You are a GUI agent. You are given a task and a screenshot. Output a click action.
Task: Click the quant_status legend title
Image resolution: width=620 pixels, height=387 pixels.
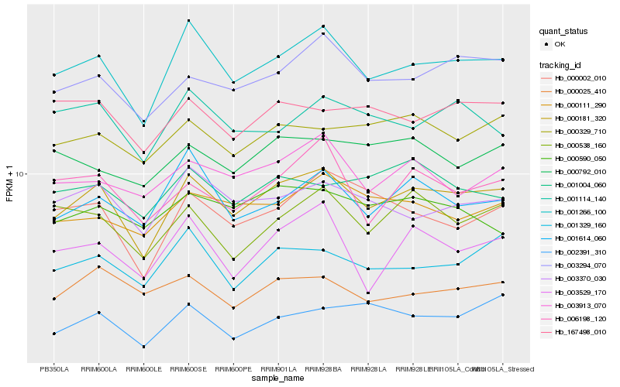pos(563,32)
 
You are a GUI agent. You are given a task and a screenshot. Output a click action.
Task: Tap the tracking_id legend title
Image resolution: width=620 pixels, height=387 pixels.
pos(560,64)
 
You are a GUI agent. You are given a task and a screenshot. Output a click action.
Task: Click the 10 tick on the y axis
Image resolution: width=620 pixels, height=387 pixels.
pos(21,174)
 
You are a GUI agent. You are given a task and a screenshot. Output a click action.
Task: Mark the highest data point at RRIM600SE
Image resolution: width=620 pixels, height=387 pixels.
pos(188,20)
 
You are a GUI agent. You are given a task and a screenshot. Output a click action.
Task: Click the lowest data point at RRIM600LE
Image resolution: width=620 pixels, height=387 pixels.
pos(143,346)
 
